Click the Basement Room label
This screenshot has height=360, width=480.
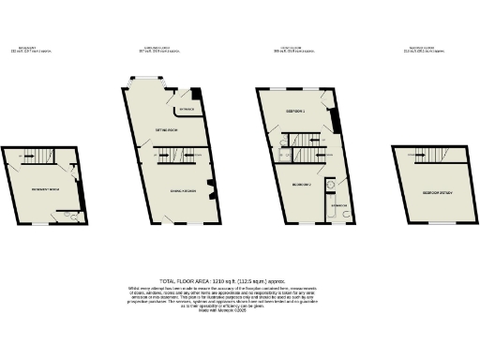[40, 187]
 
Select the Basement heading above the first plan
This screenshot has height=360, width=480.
[28, 49]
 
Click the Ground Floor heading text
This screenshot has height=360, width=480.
[154, 49]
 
